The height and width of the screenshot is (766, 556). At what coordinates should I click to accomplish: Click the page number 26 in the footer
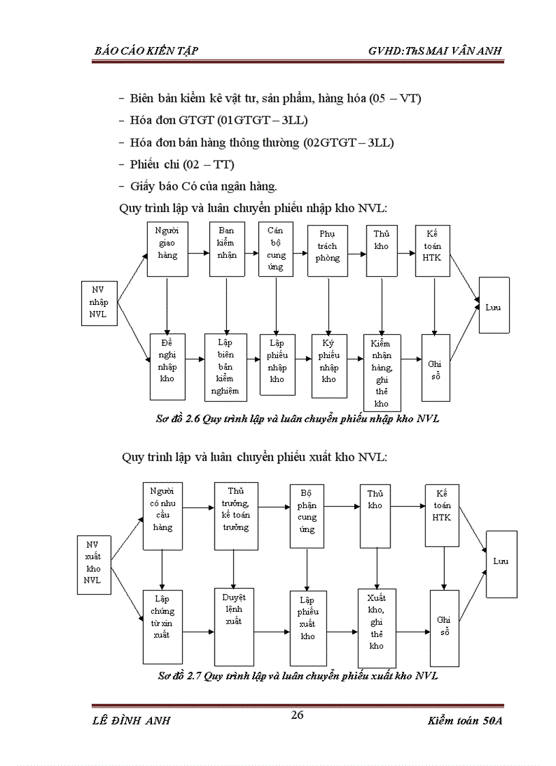pyautogui.click(x=296, y=715)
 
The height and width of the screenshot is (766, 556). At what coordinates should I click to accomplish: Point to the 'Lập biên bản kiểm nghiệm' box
pyautogui.click(x=225, y=367)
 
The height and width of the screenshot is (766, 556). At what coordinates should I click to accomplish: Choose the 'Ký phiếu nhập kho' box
pyautogui.click(x=329, y=366)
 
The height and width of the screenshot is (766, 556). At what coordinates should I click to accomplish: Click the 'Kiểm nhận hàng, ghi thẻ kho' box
pyautogui.click(x=382, y=372)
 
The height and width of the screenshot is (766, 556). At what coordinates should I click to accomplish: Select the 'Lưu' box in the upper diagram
pyautogui.click(x=493, y=305)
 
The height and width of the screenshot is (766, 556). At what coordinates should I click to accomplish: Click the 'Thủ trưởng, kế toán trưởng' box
pyautogui.click(x=236, y=516)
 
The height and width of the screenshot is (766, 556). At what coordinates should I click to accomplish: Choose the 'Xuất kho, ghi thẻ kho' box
pyautogui.click(x=377, y=628)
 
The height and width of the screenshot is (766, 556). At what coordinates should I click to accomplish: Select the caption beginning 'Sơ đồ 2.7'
pyautogui.click(x=298, y=676)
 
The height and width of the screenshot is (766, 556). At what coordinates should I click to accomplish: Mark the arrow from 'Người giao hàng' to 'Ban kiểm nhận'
pyautogui.click(x=198, y=253)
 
